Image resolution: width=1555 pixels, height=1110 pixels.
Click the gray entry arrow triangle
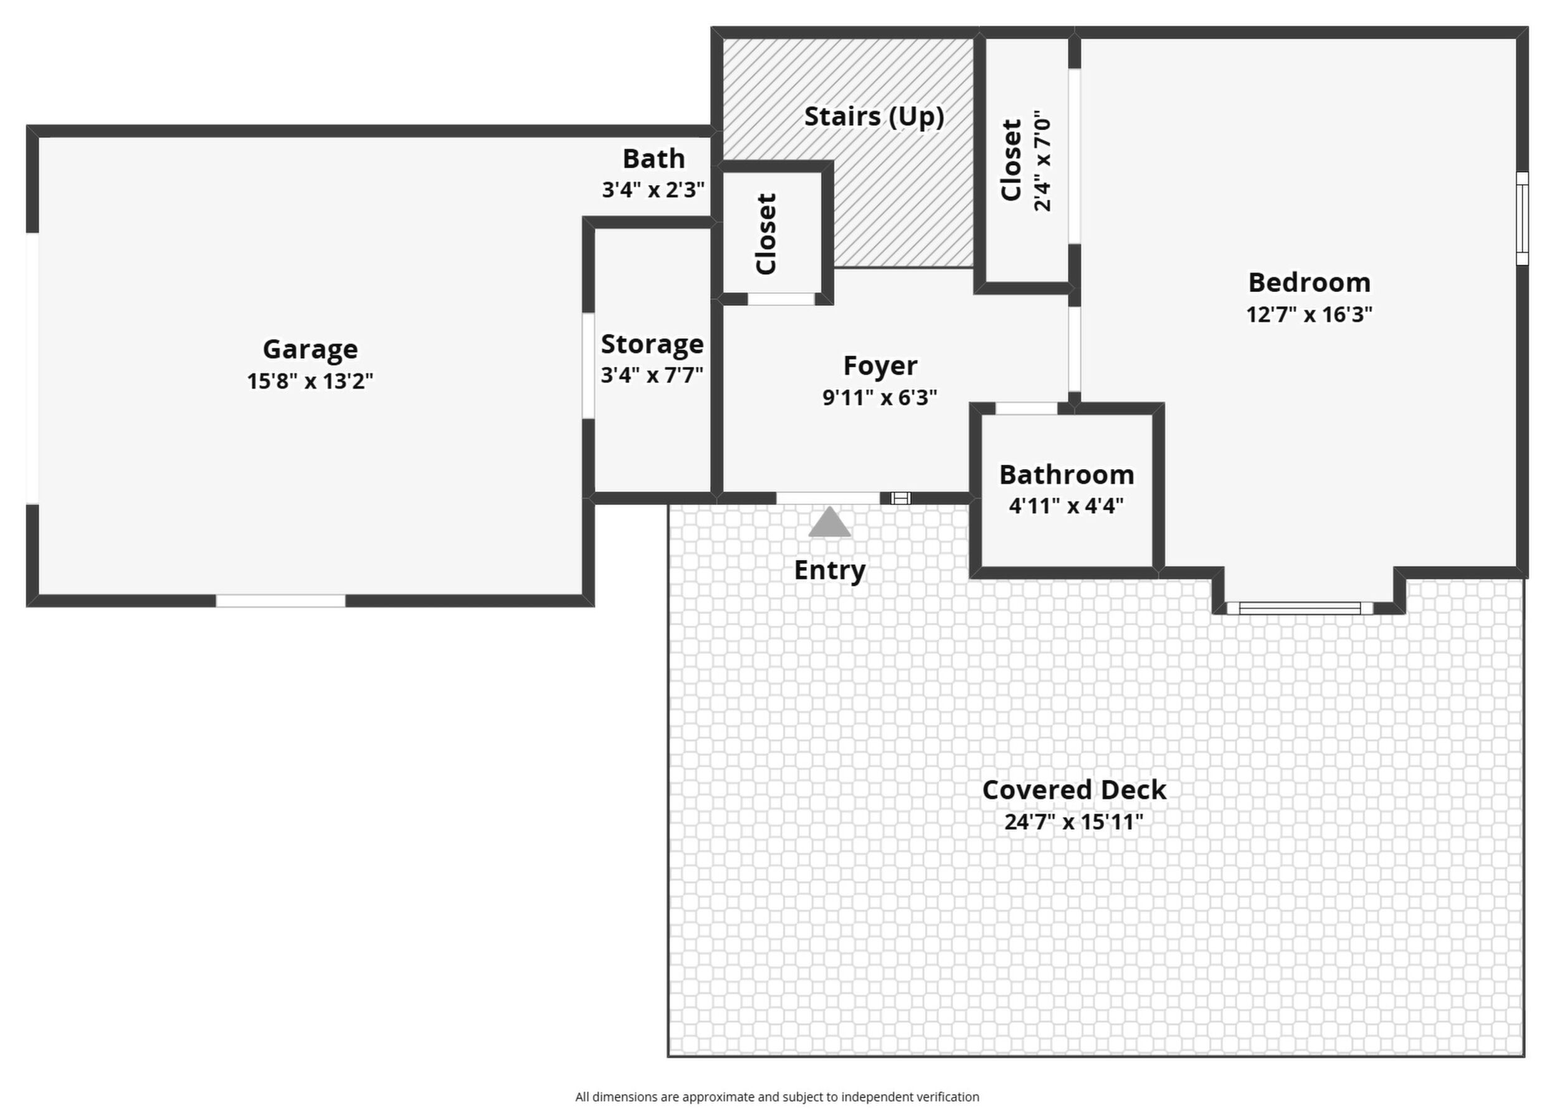[x=829, y=521]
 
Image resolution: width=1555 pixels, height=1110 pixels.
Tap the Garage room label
[x=310, y=349]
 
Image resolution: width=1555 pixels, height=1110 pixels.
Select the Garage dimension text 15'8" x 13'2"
[x=310, y=381]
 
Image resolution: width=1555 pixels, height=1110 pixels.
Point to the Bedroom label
[x=1309, y=282]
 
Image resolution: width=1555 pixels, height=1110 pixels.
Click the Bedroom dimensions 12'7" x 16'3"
[x=1309, y=315]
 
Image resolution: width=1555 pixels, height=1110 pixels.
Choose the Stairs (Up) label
[x=874, y=116]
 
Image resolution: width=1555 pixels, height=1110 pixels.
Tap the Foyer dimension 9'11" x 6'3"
[x=880, y=397]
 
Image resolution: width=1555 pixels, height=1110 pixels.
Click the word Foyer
[x=880, y=366]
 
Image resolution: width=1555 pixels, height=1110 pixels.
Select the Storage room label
[x=652, y=344]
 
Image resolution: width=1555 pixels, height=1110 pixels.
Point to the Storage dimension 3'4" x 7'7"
[x=652, y=375]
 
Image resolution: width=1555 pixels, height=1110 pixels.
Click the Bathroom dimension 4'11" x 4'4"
[x=1067, y=506]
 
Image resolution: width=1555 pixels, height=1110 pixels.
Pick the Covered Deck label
[x=1074, y=789]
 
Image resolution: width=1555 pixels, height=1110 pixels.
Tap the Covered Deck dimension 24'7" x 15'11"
[x=1074, y=821]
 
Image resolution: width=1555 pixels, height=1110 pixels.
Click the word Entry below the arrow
[x=830, y=570]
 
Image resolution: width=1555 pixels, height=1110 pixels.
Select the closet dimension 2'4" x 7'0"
[x=1042, y=161]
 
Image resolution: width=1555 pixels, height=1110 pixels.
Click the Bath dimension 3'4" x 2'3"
[x=653, y=189]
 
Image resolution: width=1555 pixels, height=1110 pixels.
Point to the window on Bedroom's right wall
[x=1522, y=218]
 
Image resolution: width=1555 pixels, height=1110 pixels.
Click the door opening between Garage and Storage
[x=588, y=366]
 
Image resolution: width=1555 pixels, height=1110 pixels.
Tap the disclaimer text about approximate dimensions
[x=777, y=1096]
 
